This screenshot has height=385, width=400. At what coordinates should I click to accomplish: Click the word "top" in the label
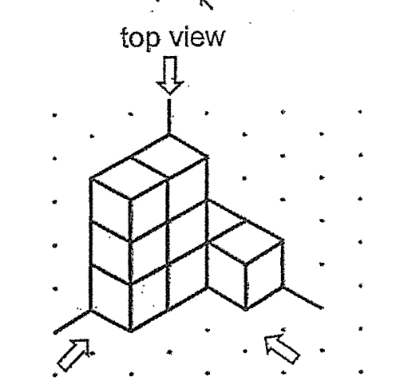tap(141, 38)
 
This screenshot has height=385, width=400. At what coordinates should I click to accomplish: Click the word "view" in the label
tap(197, 38)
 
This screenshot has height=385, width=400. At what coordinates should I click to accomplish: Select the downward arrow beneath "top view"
tap(170, 75)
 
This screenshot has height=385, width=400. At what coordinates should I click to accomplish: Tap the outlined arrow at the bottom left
tap(74, 355)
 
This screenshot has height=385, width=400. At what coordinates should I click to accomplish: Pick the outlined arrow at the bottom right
tap(282, 348)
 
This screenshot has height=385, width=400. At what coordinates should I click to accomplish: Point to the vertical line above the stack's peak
tap(169, 117)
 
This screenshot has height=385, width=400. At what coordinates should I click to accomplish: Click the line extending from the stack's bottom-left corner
tap(72, 322)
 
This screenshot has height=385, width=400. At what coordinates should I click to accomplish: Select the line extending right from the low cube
tap(303, 298)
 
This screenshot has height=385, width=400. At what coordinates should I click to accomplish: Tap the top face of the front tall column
tap(130, 179)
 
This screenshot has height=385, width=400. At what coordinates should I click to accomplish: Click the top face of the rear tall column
tap(169, 156)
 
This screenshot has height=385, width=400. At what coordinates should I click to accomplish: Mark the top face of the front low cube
tap(246, 243)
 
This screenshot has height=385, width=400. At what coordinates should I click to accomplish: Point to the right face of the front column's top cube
tap(149, 210)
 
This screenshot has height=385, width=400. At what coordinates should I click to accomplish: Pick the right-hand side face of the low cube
tap(264, 276)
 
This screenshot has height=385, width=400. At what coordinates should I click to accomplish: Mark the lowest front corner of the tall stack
tap(131, 331)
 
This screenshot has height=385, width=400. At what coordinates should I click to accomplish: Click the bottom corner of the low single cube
tap(246, 310)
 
